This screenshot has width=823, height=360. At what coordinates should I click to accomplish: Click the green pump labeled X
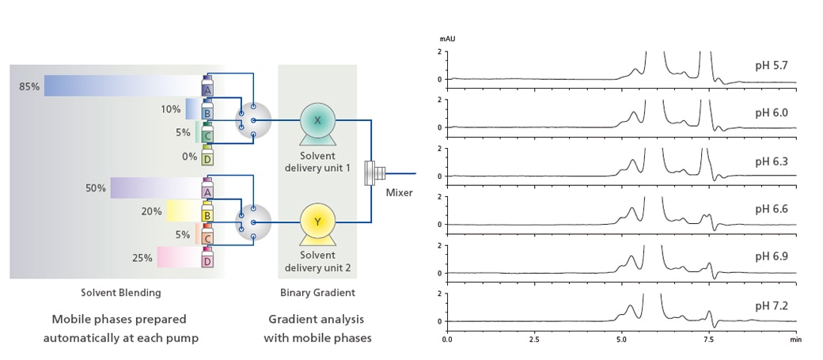tap(317, 120)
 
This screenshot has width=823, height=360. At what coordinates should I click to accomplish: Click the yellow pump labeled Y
tap(317, 222)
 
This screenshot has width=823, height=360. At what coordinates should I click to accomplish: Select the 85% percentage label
tap(29, 86)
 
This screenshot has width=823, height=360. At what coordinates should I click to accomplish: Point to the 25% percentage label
tap(142, 258)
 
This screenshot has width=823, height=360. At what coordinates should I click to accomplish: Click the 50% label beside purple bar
tap(96, 188)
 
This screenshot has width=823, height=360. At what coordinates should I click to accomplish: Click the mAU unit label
tap(447, 38)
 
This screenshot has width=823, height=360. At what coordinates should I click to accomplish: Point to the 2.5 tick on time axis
tap(534, 339)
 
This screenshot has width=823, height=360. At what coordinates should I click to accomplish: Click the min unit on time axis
tap(795, 339)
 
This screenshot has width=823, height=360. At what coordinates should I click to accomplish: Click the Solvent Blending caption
tap(120, 293)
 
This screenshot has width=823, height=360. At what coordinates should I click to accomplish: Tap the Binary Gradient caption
tap(317, 293)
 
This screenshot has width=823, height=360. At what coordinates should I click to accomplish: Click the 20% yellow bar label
tap(152, 212)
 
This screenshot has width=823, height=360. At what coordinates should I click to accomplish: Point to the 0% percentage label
tap(189, 157)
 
